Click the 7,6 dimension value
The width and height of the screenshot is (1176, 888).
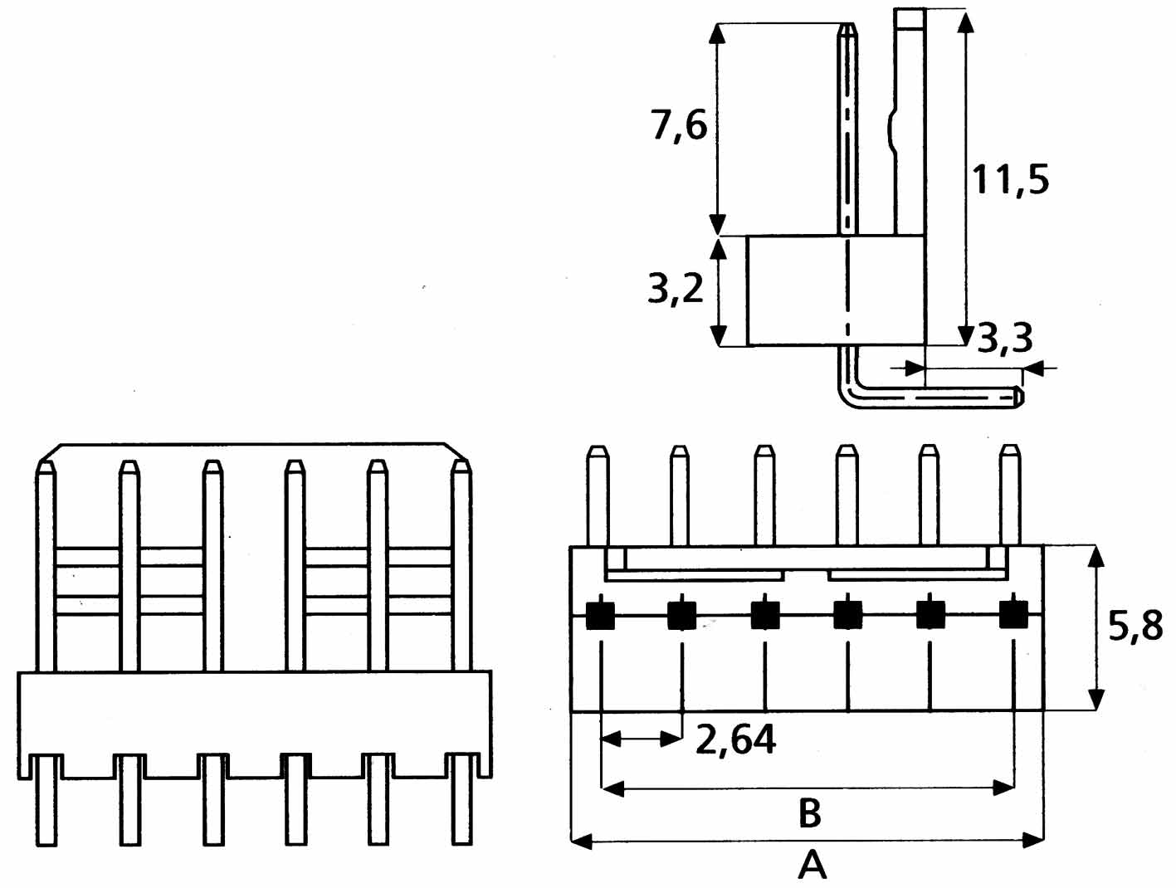tap(680, 126)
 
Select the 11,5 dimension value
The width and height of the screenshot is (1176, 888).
tap(1009, 179)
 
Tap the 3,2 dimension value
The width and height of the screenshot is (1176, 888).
tap(675, 288)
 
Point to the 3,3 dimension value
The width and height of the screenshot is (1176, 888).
tap(1005, 339)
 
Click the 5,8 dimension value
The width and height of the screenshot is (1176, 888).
tap(1135, 626)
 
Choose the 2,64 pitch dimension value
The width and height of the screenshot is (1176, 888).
tap(735, 739)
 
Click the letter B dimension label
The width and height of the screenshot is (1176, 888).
tap(809, 812)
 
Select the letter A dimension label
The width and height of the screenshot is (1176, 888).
tap(812, 866)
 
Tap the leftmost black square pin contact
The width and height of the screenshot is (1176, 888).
tap(600, 616)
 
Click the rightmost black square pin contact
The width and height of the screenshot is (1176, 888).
tap(1013, 614)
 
